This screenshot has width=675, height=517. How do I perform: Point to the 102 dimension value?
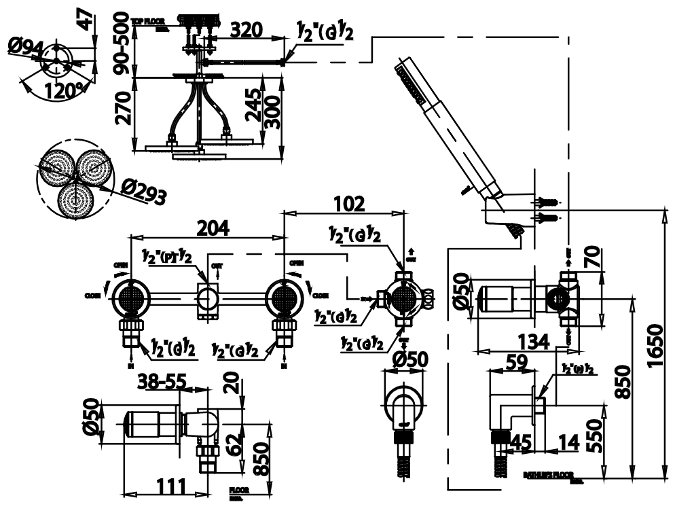click(349, 202)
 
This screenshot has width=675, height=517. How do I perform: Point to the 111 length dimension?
click(167, 486)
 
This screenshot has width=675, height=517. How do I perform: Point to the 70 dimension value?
click(591, 258)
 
